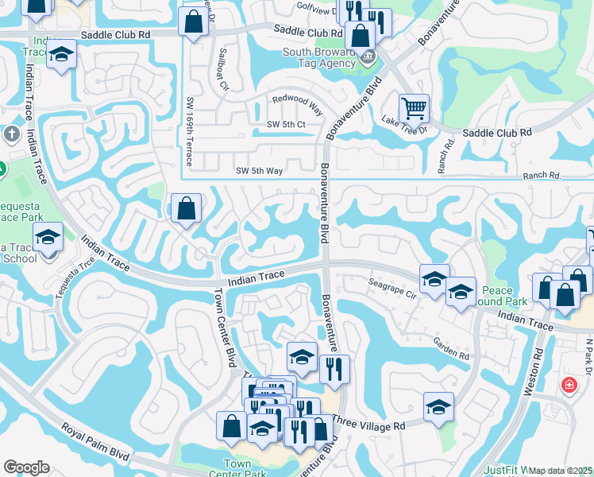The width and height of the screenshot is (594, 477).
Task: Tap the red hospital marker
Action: [569, 385]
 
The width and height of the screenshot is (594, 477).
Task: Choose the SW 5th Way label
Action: [259, 170]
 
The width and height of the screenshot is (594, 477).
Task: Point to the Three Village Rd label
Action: [368, 426]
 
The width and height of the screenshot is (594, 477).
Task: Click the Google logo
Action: [27, 467]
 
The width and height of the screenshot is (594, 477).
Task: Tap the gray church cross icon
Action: [11, 134]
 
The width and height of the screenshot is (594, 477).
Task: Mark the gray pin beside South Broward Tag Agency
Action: [367, 57]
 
